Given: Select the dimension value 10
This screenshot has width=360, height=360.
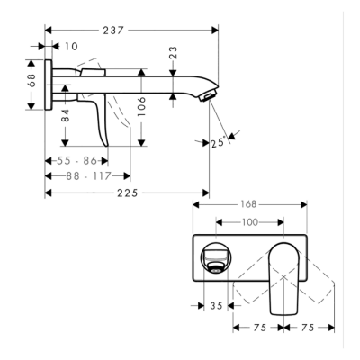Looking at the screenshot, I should click(71, 45).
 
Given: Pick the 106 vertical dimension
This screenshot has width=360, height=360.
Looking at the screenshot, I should click(141, 108).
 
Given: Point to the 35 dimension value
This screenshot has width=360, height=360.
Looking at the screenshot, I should click(214, 305).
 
